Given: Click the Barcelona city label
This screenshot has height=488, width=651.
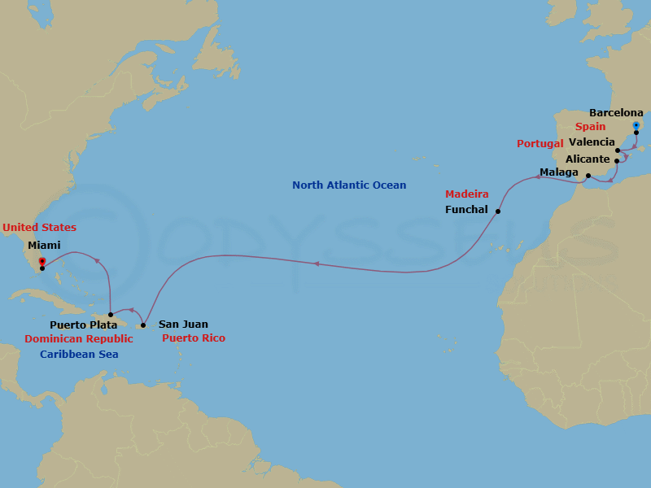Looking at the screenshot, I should [616, 113].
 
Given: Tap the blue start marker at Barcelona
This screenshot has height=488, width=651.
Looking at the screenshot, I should [636, 125].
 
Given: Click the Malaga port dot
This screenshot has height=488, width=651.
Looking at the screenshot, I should [588, 175].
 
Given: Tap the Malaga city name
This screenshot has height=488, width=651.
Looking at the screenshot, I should [559, 172].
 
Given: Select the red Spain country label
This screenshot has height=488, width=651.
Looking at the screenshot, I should [590, 127].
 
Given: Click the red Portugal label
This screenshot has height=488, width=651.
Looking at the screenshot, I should [540, 144].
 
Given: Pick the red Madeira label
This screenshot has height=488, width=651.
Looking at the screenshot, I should [467, 194].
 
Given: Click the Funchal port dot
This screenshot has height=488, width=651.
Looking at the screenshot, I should [498, 211].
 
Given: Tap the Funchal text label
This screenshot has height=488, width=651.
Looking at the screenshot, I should [467, 209].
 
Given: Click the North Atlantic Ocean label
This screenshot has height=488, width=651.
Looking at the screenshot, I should [349, 185].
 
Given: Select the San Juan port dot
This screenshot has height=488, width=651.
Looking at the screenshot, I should [143, 325].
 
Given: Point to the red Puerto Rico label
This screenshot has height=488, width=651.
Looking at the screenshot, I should [194, 338].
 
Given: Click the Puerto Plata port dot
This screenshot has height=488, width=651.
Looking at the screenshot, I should [111, 314].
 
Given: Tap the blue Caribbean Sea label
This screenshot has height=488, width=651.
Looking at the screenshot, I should [79, 354].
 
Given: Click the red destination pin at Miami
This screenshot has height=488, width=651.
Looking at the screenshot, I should [42, 262].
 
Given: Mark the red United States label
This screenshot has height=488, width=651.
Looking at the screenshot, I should [39, 228].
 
